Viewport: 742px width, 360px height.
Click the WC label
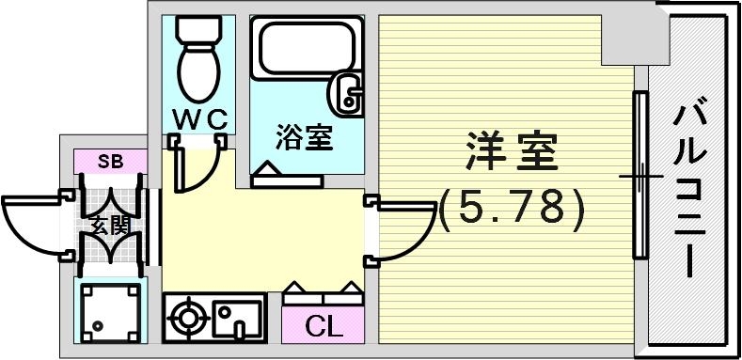click(x=198, y=119)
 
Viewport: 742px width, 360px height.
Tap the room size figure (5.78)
click(x=513, y=208)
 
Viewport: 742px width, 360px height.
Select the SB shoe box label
click(x=111, y=162)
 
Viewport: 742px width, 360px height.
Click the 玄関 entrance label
click(x=111, y=226)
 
